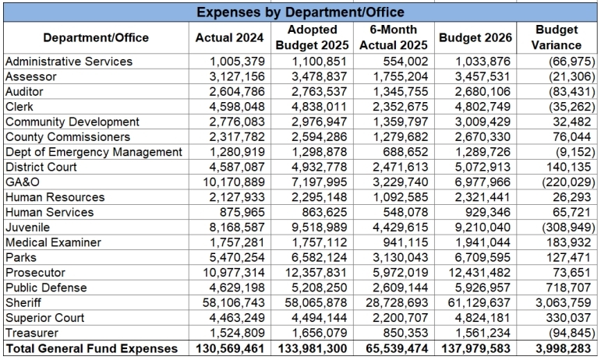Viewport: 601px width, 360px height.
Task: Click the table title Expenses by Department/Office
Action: [300, 12]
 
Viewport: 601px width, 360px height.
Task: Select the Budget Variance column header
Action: [557, 37]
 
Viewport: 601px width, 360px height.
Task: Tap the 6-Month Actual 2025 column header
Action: [393, 37]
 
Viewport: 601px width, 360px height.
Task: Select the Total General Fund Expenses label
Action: [91, 348]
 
